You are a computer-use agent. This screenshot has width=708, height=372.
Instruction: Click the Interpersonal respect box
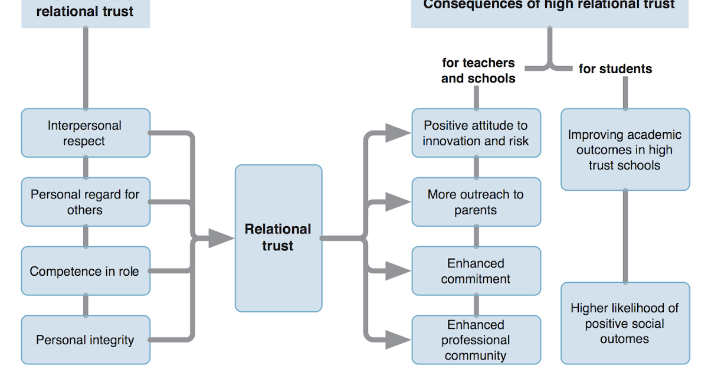pyautogui.click(x=86, y=133)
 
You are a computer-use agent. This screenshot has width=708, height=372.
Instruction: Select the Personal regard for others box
pyautogui.click(x=86, y=202)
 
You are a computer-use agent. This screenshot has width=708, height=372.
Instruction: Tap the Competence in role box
pyautogui.click(x=86, y=271)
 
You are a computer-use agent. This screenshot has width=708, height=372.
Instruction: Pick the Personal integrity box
pyautogui.click(x=86, y=340)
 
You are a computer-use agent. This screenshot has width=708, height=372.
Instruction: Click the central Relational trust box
pyautogui.click(x=278, y=238)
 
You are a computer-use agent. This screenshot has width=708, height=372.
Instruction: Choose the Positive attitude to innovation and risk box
pyautogui.click(x=476, y=133)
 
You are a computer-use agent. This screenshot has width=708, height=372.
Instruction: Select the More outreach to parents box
pyautogui.click(x=476, y=202)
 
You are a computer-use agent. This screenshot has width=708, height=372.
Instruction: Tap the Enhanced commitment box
pyautogui.click(x=476, y=271)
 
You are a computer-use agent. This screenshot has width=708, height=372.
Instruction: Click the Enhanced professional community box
pyautogui.click(x=476, y=340)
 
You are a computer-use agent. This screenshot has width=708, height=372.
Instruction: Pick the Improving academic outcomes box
pyautogui.click(x=625, y=150)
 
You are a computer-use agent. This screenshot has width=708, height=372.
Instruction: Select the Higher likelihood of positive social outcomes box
pyautogui.click(x=625, y=323)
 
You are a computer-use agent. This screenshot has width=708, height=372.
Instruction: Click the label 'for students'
pyautogui.click(x=615, y=69)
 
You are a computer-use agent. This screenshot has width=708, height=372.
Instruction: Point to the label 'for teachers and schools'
pyautogui.click(x=478, y=70)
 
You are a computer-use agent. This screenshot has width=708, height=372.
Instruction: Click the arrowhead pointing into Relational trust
pyautogui.click(x=222, y=239)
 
